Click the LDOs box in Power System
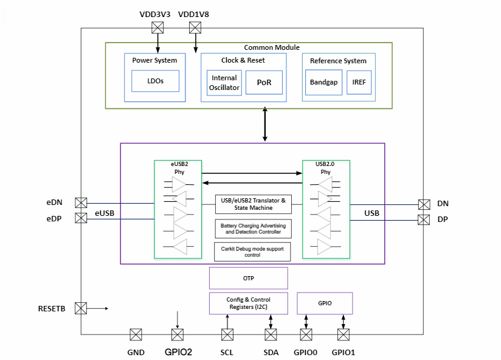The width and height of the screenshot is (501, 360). (156, 80)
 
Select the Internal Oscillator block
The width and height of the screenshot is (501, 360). (224, 83)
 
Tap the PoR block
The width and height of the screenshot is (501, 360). (264, 83)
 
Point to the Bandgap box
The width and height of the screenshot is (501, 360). (323, 83)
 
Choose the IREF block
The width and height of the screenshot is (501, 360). (359, 83)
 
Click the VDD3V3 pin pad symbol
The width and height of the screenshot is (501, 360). (158, 27)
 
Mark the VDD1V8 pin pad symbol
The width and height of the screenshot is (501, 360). (195, 27)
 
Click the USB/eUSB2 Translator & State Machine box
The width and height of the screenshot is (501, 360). (252, 204)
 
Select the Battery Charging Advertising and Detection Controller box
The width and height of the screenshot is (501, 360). (252, 229)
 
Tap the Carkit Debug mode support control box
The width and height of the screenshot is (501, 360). (252, 252)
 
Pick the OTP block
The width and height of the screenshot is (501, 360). (248, 279)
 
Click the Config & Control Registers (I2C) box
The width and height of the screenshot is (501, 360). (248, 303)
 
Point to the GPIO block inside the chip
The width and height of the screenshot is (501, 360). (325, 303)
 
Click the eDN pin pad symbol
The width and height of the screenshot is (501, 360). (81, 203)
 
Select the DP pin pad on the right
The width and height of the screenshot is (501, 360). (424, 219)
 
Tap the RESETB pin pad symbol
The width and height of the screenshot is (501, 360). (81, 308)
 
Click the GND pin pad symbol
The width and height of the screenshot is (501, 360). (136, 334)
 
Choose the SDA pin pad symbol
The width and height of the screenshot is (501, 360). (271, 334)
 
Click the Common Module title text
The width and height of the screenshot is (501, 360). (271, 47)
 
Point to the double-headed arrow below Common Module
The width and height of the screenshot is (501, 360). (264, 125)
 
